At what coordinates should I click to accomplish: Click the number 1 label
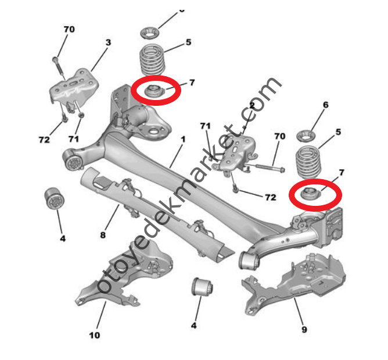183,140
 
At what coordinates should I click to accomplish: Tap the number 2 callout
252,105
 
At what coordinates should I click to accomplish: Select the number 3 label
107,42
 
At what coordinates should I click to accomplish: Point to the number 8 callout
103,236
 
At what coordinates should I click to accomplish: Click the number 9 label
304,330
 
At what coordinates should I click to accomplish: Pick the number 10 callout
94,335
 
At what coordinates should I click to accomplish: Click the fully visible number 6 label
325,105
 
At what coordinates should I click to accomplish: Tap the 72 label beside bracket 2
270,197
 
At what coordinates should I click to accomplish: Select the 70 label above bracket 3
69,29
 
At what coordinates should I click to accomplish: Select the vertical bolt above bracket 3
58,65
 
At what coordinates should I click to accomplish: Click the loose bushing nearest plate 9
202,287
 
